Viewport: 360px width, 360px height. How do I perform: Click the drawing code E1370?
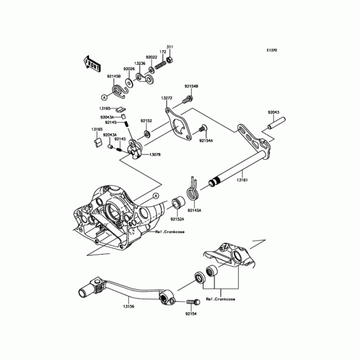[271, 50]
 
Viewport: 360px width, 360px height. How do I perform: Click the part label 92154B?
[191, 85]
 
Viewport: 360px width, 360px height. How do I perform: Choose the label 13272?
[167, 98]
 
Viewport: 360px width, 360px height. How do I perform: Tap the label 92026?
[130, 69]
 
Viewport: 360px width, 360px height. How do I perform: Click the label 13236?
[139, 64]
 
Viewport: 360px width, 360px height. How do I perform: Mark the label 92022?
[151, 57]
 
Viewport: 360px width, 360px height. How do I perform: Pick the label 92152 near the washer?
[146, 121]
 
